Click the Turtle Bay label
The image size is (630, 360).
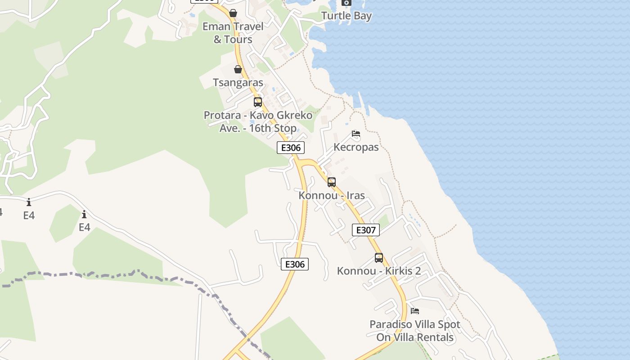[x=346, y=16]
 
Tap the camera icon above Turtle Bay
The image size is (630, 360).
[x=346, y=2]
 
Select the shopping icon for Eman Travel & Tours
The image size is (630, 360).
[x=233, y=13]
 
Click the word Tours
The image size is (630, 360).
[x=239, y=40]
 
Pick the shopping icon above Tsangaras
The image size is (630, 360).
[x=238, y=69]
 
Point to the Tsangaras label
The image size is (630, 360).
[x=238, y=83]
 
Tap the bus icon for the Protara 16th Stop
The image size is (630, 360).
[x=258, y=102]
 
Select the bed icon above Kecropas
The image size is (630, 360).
[x=356, y=134]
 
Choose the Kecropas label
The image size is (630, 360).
[x=356, y=147]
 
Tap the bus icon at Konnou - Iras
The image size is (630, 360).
[x=332, y=182]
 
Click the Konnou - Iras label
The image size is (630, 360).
[x=332, y=196]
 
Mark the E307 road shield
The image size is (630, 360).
[x=365, y=230]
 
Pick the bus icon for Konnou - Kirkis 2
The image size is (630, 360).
[x=379, y=258]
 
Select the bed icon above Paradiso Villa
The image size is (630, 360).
[x=415, y=310]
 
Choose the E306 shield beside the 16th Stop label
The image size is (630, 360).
[x=291, y=148]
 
